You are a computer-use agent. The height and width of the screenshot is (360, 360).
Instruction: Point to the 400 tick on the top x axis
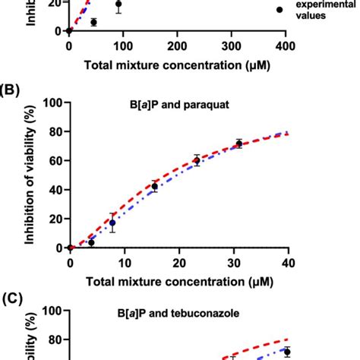[286, 46]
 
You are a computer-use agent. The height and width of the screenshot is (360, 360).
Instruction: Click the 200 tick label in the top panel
[177, 46]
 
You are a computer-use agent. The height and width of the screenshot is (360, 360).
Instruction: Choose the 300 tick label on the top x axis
[232, 46]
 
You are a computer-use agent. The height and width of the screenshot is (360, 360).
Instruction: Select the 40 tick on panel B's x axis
[287, 263]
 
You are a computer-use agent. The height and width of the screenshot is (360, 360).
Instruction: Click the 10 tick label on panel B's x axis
[124, 263]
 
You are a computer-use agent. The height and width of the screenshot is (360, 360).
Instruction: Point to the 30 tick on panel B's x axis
[232, 263]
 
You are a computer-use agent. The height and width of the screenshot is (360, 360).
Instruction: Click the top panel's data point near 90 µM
[118, 5]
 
